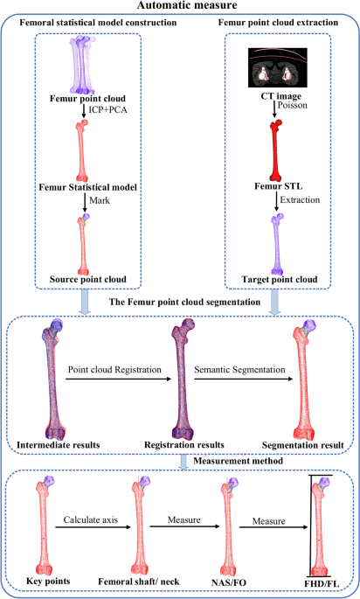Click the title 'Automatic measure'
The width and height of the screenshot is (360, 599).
coord(179,8)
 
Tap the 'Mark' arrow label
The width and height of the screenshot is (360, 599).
coord(105,200)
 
